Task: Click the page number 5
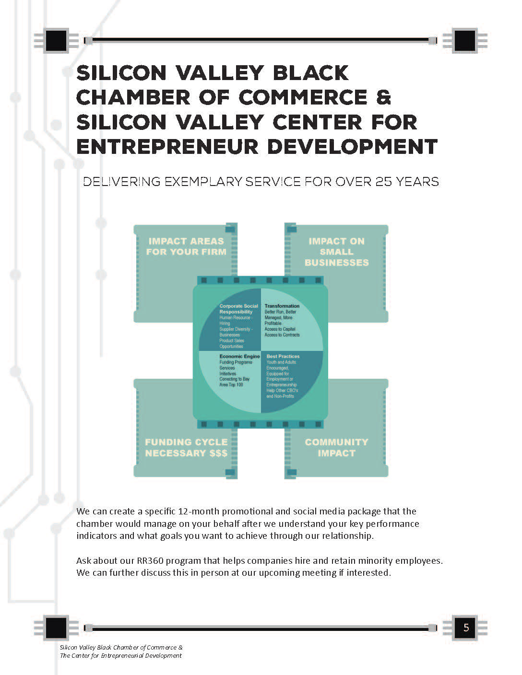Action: (x=465, y=628)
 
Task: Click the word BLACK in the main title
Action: (x=311, y=73)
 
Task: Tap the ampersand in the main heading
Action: (x=383, y=97)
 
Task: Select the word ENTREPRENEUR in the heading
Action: (x=167, y=146)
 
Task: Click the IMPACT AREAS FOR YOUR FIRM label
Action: (x=186, y=246)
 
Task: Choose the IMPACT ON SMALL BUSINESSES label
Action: (x=336, y=252)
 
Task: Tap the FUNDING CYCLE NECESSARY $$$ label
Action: (x=186, y=447)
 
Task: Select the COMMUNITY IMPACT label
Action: (x=336, y=447)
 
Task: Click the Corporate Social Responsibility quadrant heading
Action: (x=238, y=309)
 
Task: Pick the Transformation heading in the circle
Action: (x=282, y=306)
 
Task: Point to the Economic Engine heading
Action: (x=239, y=356)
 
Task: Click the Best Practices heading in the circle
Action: (x=283, y=356)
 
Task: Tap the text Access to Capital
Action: (x=280, y=329)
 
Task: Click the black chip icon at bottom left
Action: (x=56, y=628)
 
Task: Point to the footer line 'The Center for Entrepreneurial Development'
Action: (x=120, y=655)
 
